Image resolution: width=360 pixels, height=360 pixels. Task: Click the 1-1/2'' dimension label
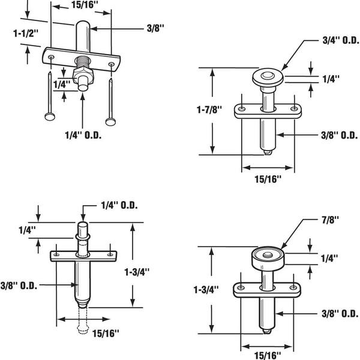coord(25,34)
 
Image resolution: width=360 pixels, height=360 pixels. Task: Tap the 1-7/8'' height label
coord(209,110)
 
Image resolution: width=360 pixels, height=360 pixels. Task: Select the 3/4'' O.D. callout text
coord(341,41)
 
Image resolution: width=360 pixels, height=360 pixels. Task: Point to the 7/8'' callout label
coord(330,220)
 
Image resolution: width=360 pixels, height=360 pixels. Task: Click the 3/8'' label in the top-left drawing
coord(155,29)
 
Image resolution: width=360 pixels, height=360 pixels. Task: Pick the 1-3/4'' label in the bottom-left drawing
coord(137,272)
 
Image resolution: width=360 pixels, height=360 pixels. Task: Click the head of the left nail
coord(50,116)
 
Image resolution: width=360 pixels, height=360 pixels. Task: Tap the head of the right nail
coord(110,122)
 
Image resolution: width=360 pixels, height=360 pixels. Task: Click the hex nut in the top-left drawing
coord(83,74)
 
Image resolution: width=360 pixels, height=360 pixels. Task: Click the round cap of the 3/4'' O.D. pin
coord(268,77)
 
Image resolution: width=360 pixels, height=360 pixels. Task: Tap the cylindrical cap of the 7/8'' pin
coord(268,259)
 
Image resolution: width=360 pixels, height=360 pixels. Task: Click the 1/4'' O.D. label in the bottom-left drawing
coord(119,205)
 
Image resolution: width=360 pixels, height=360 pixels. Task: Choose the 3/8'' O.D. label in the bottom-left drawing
coord(19,286)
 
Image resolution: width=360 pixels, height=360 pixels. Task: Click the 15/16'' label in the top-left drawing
coord(83,5)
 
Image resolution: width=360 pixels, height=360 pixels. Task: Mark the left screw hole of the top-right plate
coord(242,109)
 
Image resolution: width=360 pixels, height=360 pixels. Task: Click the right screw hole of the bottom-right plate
coord(293,287)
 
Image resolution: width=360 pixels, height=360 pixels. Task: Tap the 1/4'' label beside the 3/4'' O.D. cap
coord(331,79)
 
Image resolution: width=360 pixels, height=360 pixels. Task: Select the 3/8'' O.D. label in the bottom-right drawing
coord(340,314)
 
